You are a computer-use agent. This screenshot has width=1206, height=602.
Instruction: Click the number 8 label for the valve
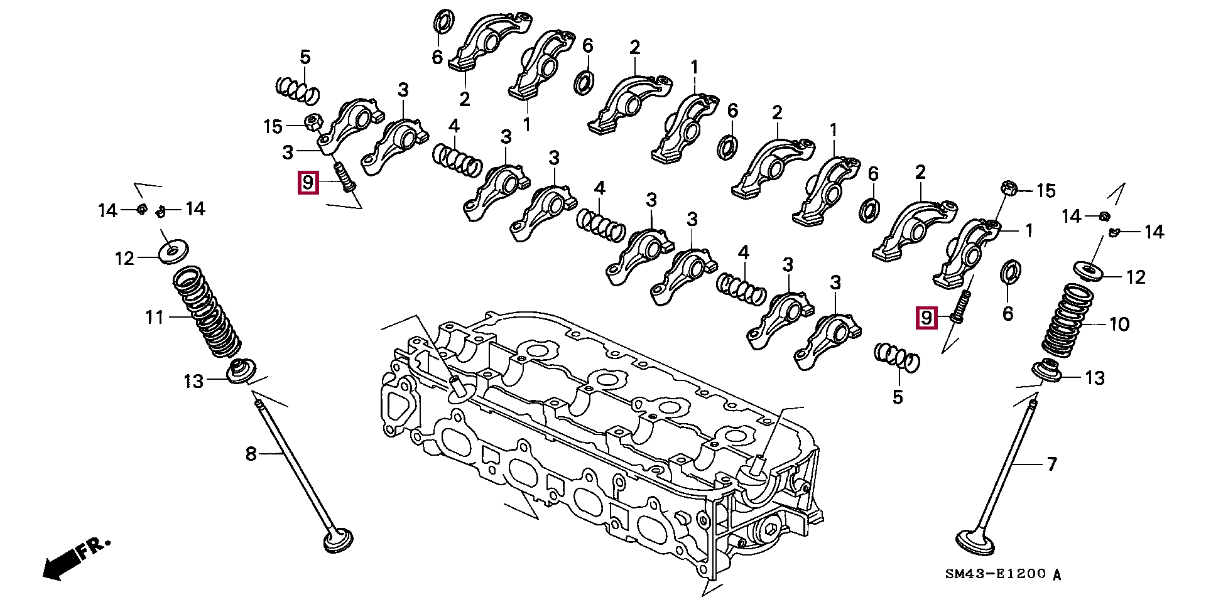click(x=251, y=453)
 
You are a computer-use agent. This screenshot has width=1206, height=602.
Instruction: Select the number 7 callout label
click(x=1051, y=465)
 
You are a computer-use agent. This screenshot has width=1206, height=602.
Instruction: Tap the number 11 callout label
click(x=155, y=318)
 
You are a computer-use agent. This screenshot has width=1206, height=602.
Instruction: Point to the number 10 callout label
click(x=1119, y=325)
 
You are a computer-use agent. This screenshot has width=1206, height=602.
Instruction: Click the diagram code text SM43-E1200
click(x=995, y=574)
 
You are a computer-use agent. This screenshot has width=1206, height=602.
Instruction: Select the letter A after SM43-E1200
click(x=1057, y=574)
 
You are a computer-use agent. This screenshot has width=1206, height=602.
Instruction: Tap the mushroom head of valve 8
click(x=338, y=540)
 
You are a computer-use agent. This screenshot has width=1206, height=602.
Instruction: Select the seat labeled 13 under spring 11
click(x=241, y=371)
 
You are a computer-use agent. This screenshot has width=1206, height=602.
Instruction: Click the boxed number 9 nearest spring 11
click(x=308, y=183)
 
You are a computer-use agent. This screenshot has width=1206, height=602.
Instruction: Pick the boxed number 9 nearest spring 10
click(x=926, y=318)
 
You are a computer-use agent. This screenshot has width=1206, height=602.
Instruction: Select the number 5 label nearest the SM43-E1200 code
click(x=898, y=397)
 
